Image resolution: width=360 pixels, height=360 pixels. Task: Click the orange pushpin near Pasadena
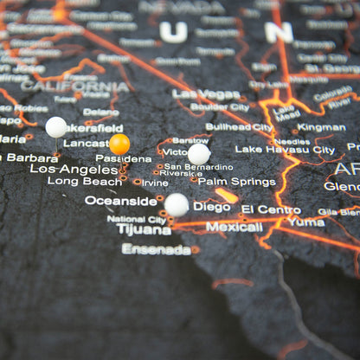(x=119, y=144)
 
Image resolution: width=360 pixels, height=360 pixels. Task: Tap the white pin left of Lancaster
(x=56, y=127)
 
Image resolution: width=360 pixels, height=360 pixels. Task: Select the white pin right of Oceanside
(x=177, y=204)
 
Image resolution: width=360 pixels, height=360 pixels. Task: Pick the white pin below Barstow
(x=199, y=154)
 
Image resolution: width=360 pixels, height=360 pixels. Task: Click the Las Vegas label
(x=206, y=93)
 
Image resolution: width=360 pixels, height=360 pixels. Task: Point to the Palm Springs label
(x=236, y=182)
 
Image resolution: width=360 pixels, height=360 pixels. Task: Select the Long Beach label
(x=85, y=182)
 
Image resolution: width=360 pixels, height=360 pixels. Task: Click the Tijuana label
(x=144, y=230)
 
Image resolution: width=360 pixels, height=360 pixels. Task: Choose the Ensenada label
(x=156, y=249)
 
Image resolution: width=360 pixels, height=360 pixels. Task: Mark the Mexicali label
(x=234, y=228)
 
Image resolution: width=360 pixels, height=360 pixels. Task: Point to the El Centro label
(x=271, y=209)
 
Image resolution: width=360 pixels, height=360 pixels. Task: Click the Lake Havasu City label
(x=285, y=150)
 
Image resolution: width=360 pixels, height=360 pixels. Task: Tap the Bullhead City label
(x=239, y=127)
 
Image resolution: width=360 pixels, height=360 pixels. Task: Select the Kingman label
(x=321, y=127)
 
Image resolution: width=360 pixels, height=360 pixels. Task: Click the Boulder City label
(x=219, y=107)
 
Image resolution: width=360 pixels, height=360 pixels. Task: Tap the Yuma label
(x=306, y=222)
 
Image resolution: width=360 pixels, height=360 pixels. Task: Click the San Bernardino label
(x=198, y=166)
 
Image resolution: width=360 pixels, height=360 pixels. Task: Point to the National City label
(x=137, y=219)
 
